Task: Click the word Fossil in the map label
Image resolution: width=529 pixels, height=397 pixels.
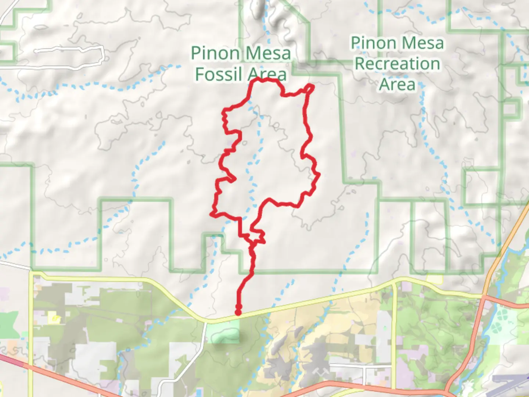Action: [219, 74]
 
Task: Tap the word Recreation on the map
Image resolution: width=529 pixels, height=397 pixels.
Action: [397, 64]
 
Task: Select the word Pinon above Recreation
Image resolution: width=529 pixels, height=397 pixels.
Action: [373, 43]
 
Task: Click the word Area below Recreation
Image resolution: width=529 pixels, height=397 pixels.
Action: [397, 85]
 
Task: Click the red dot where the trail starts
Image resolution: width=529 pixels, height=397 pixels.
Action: [238, 312]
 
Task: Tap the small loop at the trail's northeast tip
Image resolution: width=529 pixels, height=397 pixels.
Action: [310, 88]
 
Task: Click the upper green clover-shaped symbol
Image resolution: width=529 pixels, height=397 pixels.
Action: [503, 315]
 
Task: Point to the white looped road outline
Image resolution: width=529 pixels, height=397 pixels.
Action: [70, 55]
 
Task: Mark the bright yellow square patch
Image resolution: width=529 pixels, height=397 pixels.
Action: [435, 279]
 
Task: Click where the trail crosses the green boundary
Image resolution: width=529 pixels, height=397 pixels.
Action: [252, 272]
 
